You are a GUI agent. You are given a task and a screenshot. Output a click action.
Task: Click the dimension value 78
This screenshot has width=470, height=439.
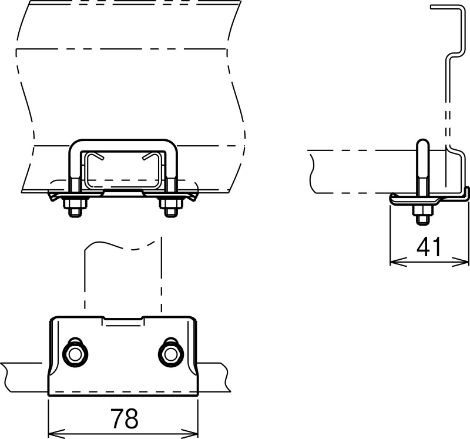pos(125,418)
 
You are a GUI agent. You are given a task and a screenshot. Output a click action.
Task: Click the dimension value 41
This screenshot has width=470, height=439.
pos(429,246)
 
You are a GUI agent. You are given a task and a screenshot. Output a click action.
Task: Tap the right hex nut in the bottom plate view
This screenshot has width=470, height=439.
pos(170,354)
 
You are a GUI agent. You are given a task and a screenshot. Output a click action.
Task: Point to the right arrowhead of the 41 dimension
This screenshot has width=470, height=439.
pos(461,262)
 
